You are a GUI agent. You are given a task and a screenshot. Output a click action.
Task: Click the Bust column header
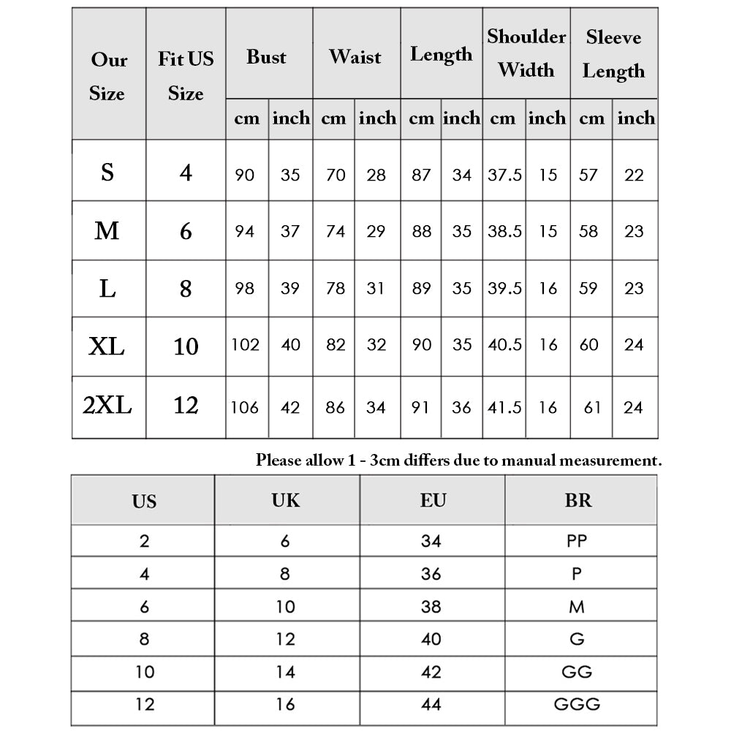[266, 57]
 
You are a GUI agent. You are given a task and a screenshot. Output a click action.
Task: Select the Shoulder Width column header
[526, 53]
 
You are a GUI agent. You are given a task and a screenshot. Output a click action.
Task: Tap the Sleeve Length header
[613, 55]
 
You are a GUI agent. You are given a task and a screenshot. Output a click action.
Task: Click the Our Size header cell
[108, 76]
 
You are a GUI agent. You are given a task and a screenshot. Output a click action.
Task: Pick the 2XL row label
[107, 405]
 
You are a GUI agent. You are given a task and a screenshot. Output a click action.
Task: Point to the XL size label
[107, 346]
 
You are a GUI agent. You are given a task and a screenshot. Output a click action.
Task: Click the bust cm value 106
[246, 407]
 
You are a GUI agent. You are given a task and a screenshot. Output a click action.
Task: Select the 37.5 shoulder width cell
[504, 175]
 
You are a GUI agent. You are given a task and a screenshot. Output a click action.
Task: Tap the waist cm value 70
[335, 175]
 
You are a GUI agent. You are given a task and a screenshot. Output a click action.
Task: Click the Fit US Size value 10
[186, 346]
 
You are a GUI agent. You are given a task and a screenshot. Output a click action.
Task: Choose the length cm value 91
[422, 407]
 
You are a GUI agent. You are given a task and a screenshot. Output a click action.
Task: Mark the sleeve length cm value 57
[588, 175]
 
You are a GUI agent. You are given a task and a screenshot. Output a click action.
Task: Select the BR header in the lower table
[578, 501]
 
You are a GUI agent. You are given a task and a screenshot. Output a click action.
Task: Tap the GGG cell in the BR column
[577, 704]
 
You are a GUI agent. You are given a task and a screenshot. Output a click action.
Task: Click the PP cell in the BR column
[577, 542]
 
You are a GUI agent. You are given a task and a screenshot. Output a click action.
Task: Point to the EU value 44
[431, 704]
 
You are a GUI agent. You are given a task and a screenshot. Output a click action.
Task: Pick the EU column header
[433, 501]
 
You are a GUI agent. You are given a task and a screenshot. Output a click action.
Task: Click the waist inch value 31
[376, 288]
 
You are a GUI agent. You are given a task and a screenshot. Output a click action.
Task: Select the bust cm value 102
[246, 344]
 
